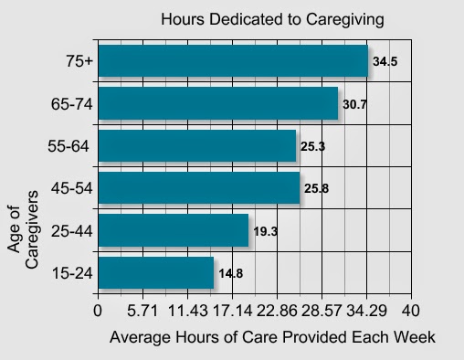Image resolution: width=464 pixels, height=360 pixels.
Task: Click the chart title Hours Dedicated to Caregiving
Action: [x=272, y=19]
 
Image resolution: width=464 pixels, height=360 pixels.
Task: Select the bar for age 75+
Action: [x=233, y=61]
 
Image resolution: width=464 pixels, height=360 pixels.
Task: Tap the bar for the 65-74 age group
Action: [x=218, y=103]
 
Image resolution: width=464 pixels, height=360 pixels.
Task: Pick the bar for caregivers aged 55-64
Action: [x=197, y=145]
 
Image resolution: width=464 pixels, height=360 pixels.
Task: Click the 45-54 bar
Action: [x=199, y=187]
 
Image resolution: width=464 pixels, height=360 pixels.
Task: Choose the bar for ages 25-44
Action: [x=174, y=230]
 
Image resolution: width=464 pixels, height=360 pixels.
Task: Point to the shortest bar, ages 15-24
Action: [x=156, y=272]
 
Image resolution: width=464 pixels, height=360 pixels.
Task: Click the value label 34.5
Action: [x=385, y=61]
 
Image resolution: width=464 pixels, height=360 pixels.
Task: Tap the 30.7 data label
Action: [x=355, y=104]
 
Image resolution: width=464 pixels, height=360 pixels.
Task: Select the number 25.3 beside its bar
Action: [x=313, y=146]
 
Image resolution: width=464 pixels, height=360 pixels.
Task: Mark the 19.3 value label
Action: [x=266, y=231]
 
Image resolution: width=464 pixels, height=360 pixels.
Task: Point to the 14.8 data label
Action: [x=231, y=273]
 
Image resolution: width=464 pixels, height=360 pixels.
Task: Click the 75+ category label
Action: [x=79, y=61]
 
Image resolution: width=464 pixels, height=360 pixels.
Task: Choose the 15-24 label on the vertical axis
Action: [x=72, y=272]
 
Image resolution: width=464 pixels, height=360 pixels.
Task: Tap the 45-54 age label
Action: [x=71, y=188]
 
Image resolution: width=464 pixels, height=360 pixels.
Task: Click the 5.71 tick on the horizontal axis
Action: [x=142, y=311]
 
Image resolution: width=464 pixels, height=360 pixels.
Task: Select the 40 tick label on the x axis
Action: [x=411, y=311]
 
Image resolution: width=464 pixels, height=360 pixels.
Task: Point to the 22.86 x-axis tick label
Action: [x=277, y=311]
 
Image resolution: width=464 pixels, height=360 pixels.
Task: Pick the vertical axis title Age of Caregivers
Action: [x=23, y=229]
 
